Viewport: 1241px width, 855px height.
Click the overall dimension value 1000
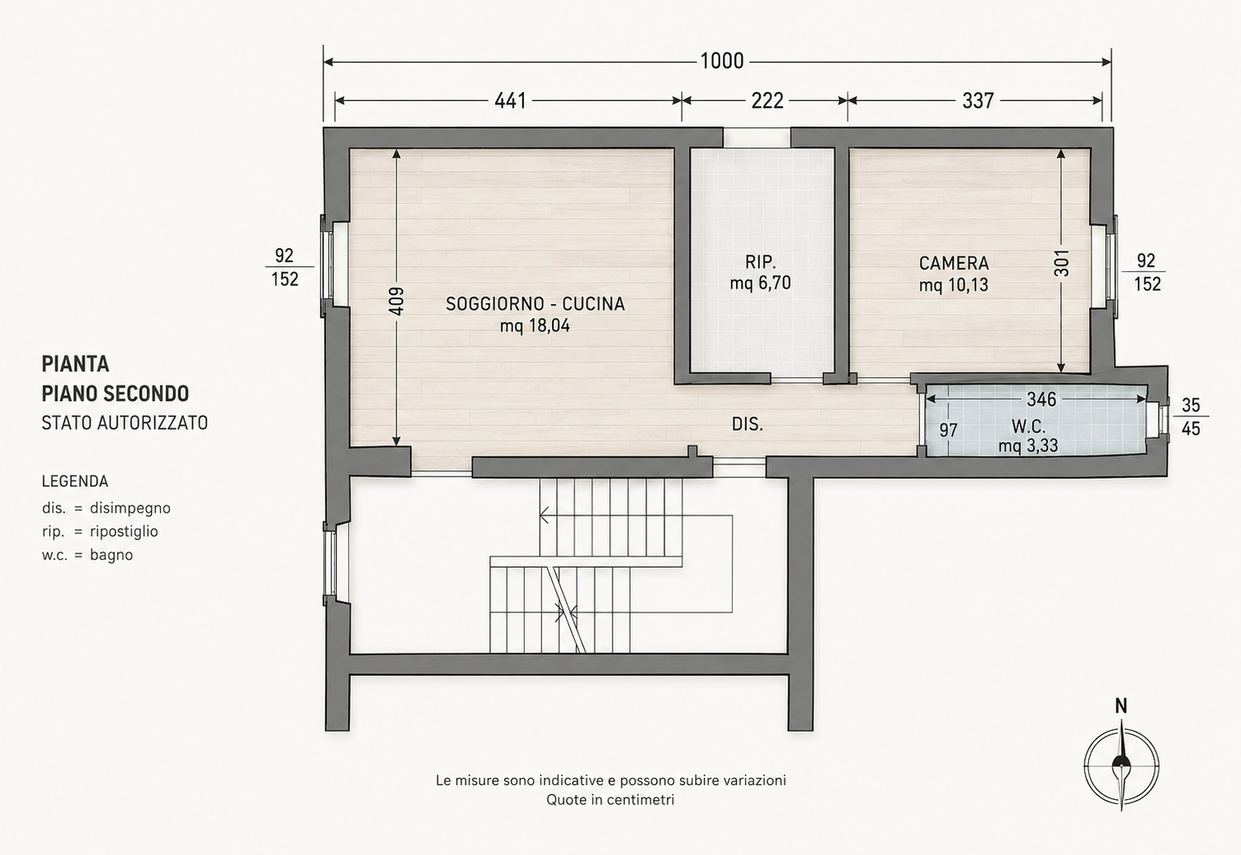click(722, 61)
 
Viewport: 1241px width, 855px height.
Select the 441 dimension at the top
click(510, 101)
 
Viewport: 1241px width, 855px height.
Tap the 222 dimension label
click(767, 101)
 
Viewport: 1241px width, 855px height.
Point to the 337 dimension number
click(978, 101)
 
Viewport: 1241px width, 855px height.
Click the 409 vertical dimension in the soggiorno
click(397, 301)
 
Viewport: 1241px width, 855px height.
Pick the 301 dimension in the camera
click(1061, 263)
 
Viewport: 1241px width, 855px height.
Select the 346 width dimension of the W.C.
click(1041, 399)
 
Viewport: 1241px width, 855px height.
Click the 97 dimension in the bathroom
click(949, 430)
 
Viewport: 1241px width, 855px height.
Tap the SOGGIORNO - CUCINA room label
click(535, 304)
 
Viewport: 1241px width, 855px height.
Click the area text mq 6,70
click(760, 283)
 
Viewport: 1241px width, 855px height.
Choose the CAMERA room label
click(954, 263)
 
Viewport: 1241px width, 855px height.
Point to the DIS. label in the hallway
click(747, 425)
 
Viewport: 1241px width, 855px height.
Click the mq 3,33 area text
click(1028, 445)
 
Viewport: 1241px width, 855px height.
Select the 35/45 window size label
click(1191, 416)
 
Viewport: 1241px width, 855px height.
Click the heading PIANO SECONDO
click(115, 393)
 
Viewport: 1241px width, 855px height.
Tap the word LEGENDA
click(75, 481)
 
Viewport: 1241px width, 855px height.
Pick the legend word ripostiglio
click(123, 531)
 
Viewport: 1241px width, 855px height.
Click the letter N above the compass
click(1121, 706)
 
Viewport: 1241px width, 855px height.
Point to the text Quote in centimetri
click(610, 800)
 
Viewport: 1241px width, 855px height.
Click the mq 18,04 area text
click(535, 326)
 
